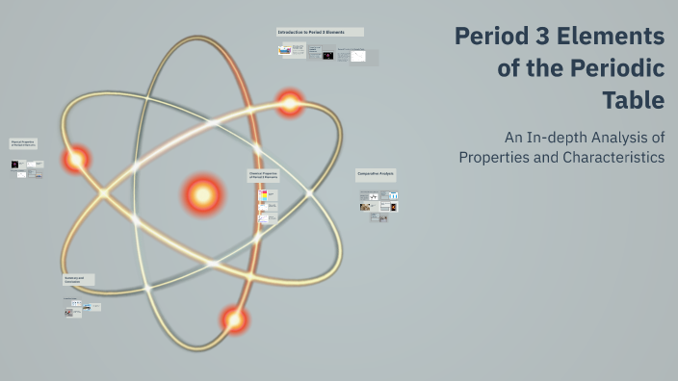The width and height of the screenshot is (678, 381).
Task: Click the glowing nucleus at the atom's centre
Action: pyautogui.click(x=203, y=195)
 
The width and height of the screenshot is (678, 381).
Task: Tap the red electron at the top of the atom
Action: pyautogui.click(x=290, y=102)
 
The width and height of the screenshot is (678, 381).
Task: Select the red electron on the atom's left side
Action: pyautogui.click(x=76, y=159)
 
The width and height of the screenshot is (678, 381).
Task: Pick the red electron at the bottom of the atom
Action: pyautogui.click(x=234, y=318)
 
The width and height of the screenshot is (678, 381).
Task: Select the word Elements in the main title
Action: pyautogui.click(x=619, y=38)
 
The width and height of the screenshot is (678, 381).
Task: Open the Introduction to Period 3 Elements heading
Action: pyautogui.click(x=320, y=32)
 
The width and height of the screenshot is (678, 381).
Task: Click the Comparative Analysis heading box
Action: pyautogui.click(x=376, y=175)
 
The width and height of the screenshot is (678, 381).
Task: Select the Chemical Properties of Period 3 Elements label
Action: pyautogui.click(x=263, y=176)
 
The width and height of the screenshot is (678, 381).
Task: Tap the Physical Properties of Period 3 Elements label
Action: pyautogui.click(x=24, y=143)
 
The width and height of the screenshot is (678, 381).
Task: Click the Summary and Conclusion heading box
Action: pyautogui.click(x=78, y=279)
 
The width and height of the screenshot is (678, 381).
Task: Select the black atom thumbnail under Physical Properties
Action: pyautogui.click(x=15, y=165)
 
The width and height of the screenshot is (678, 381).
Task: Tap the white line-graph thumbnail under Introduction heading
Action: pyautogui.click(x=357, y=56)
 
